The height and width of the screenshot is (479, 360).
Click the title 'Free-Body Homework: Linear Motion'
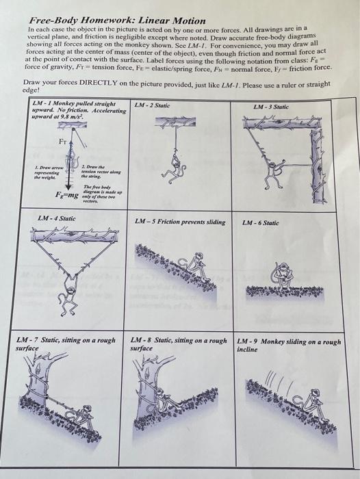(x=117, y=21)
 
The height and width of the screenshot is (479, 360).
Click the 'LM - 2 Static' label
(x=152, y=105)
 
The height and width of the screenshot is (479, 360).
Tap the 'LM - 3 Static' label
(x=271, y=107)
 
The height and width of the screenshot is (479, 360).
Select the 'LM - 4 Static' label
(x=57, y=218)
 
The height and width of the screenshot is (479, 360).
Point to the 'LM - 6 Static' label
(x=260, y=222)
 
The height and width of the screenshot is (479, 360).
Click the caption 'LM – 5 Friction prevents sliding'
(x=180, y=222)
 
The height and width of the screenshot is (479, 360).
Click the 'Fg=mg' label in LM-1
(x=66, y=194)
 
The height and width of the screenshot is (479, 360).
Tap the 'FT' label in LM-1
(x=63, y=142)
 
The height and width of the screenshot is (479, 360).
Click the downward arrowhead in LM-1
(x=68, y=186)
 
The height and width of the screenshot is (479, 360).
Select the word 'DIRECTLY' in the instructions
(x=99, y=83)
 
